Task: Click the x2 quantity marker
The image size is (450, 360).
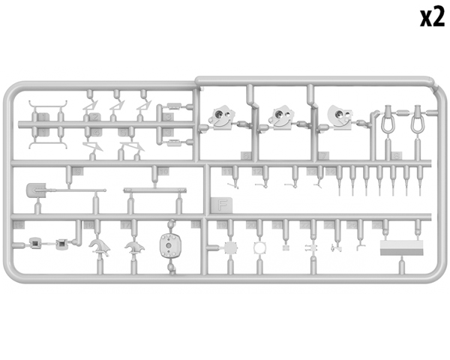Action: pos(433,18)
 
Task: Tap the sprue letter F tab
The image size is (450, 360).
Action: pos(221,205)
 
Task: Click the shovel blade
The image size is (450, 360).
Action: pos(36,190)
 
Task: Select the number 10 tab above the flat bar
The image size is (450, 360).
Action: pos(163,172)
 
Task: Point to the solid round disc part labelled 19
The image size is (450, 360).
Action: pos(230,247)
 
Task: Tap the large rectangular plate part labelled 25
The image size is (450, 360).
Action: pos(401,247)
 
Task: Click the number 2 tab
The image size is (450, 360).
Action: pos(95,117)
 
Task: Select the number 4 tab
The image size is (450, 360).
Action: pos(97,132)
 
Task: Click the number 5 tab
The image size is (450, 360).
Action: pos(123,132)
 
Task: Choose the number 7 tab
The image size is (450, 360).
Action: pos(324,156)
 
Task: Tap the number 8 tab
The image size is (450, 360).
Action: pos(397,156)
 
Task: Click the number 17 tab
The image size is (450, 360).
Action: pos(126,225)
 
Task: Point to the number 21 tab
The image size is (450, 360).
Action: pos(277,225)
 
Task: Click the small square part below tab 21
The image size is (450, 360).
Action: pos(286,247)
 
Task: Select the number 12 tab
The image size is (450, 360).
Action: pos(257,172)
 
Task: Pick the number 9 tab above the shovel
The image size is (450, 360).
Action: pos(77,172)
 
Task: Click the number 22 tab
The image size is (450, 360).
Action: pos(305,225)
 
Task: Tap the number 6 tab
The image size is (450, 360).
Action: pos(246,156)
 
